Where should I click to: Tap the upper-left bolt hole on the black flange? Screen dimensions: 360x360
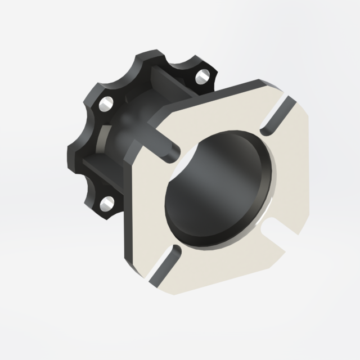[x=105, y=103]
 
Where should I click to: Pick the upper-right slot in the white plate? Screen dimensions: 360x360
[x=277, y=116]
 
